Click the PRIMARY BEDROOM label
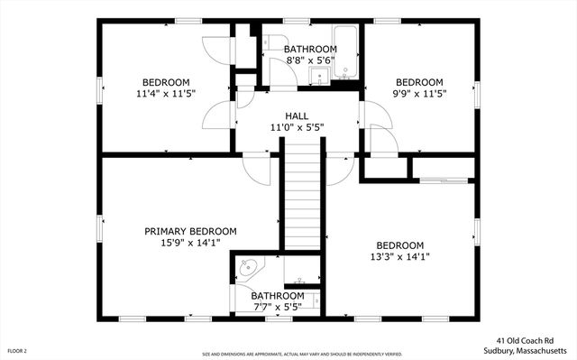click(190, 232)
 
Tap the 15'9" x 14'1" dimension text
click(190, 244)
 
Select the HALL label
click(297, 115)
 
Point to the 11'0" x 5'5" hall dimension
click(297, 127)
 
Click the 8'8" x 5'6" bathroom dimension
click(310, 60)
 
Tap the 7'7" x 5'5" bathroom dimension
click(277, 307)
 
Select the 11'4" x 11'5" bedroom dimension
click(166, 92)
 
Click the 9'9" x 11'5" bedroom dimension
click(419, 92)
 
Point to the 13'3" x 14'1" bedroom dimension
click(399, 256)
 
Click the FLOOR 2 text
click(18, 350)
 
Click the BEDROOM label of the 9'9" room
click(419, 80)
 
